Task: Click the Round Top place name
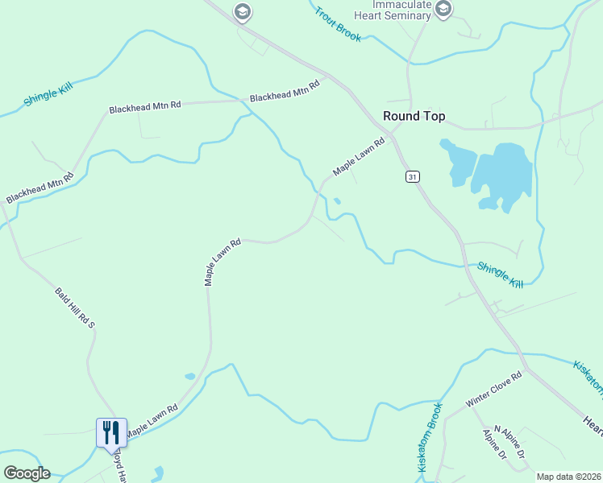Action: (x=414, y=116)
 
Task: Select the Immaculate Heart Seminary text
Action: (x=393, y=10)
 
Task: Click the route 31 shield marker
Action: (x=413, y=176)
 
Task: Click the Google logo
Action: (x=27, y=473)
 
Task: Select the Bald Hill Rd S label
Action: (x=74, y=308)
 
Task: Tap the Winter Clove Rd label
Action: (x=494, y=388)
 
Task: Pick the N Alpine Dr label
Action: (x=509, y=444)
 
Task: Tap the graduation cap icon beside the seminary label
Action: (x=443, y=9)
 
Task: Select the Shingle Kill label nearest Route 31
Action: (x=500, y=275)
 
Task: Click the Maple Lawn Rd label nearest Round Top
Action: (x=360, y=156)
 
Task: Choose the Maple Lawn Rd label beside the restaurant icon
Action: (x=151, y=420)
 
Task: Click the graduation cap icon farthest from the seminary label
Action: (x=241, y=11)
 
